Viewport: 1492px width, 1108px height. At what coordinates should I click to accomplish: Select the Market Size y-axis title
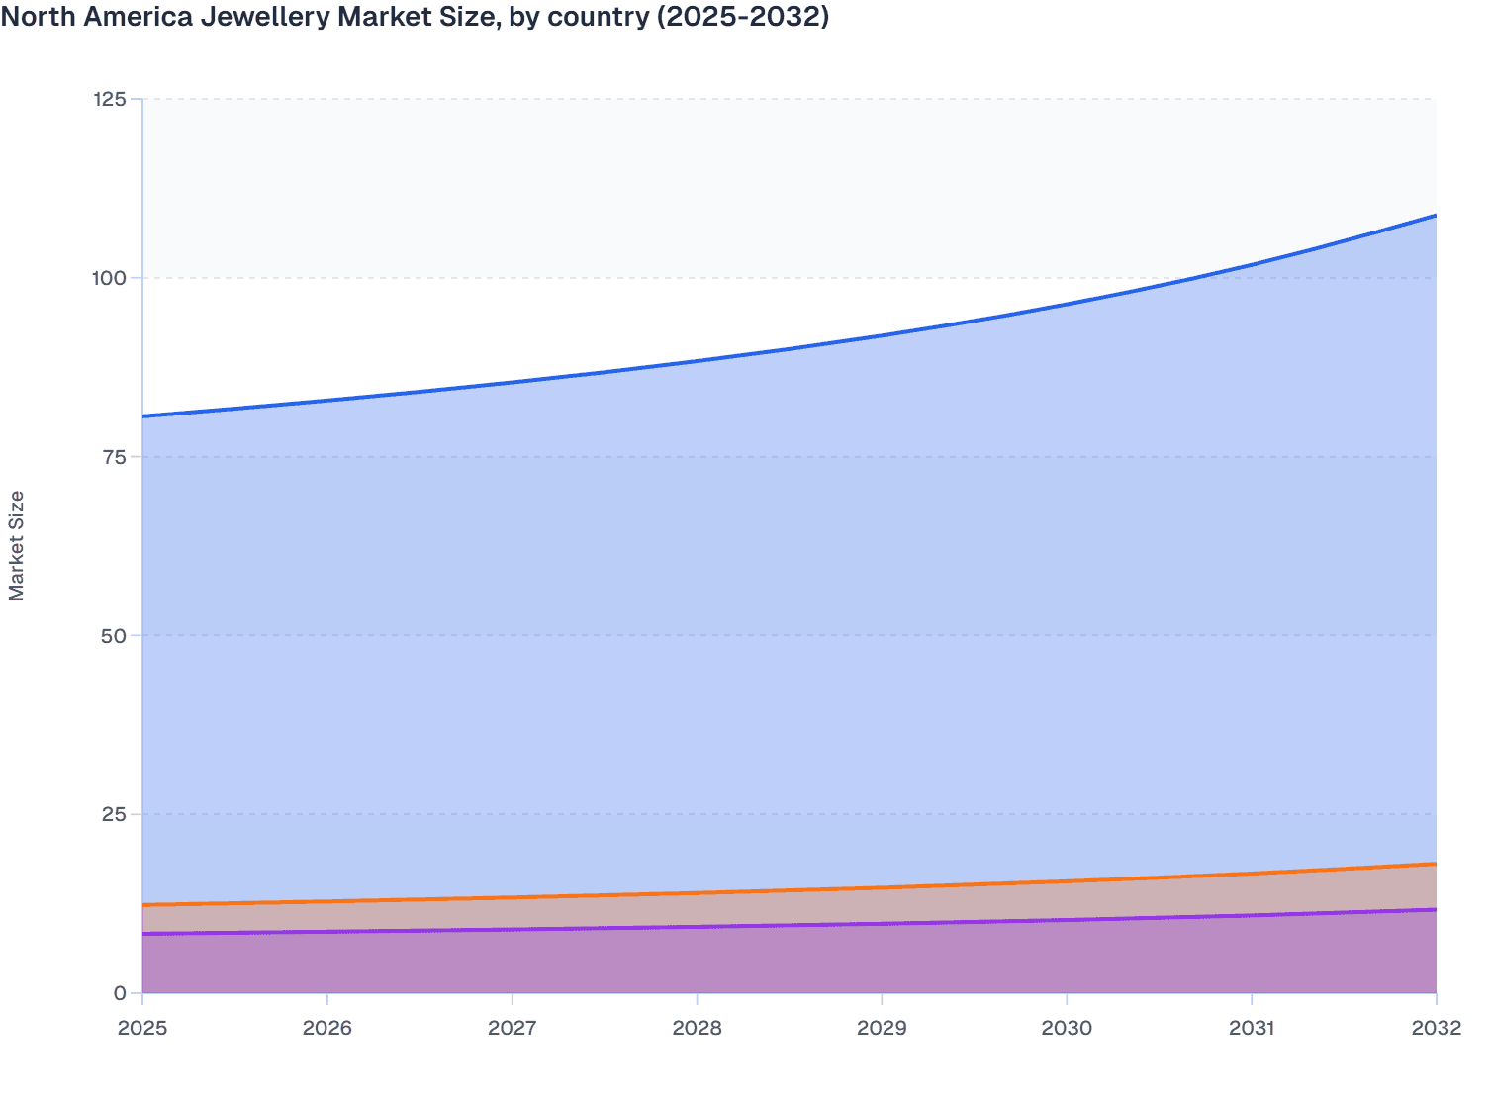17,545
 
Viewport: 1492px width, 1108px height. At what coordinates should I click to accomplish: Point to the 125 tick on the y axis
109,99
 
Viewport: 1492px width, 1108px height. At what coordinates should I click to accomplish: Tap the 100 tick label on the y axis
109,278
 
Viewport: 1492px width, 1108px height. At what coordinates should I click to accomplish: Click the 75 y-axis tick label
114,457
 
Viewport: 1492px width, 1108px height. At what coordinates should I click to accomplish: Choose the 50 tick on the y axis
114,635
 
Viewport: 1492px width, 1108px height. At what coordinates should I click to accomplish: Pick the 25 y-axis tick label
114,814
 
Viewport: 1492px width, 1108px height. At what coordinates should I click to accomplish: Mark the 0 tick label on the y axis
120,993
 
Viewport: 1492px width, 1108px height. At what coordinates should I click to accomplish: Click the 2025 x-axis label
142,1028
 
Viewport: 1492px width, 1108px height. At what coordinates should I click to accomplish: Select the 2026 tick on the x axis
327,1028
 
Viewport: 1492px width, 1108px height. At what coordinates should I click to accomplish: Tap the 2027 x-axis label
513,1028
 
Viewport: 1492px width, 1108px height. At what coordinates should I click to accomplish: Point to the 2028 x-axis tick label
698,1028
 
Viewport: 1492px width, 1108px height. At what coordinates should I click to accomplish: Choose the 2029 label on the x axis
882,1028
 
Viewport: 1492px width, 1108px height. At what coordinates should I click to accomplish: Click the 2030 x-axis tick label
1067,1028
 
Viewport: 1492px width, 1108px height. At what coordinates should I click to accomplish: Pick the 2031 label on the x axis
1252,1028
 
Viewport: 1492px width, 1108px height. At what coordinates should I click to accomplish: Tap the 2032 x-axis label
1436,1028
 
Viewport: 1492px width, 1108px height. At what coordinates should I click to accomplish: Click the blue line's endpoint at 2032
1436,215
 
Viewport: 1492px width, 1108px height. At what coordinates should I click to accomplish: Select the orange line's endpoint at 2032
1436,864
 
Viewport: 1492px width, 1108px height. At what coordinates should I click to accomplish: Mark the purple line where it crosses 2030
1067,920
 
